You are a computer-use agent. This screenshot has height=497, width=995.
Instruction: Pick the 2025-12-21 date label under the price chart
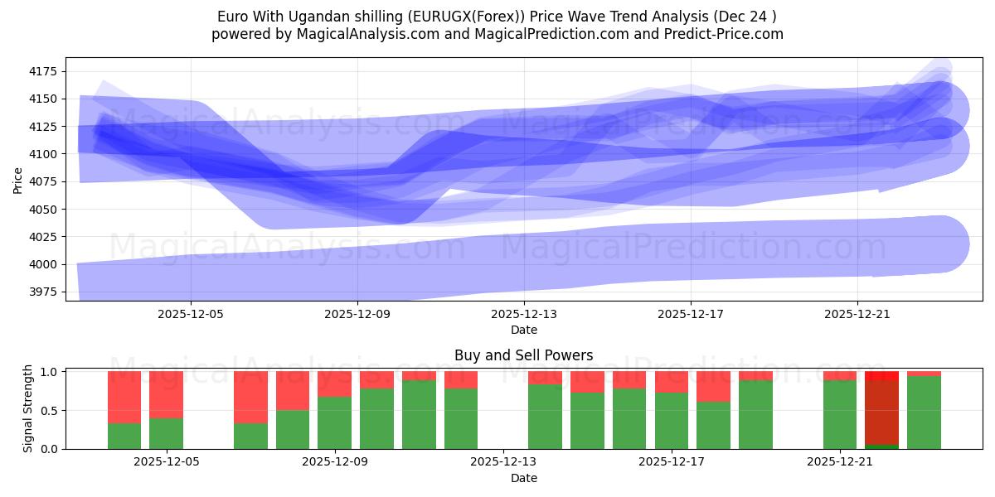pyautogui.click(x=857, y=315)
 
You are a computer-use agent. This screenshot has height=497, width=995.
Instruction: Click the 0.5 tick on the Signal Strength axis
pyautogui.click(x=49, y=410)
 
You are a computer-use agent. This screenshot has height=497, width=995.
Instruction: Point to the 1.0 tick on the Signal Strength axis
pyautogui.click(x=49, y=372)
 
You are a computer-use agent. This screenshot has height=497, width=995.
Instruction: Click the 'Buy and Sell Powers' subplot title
pyautogui.click(x=523, y=355)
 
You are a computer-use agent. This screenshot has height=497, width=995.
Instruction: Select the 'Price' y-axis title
pyautogui.click(x=18, y=179)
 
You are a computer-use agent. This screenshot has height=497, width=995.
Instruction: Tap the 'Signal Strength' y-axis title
pyautogui.click(x=27, y=408)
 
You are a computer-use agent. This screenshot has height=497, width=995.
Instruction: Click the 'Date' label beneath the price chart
pyautogui.click(x=523, y=330)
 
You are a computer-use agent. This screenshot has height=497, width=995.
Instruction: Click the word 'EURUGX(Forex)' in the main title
pyautogui.click(x=405, y=17)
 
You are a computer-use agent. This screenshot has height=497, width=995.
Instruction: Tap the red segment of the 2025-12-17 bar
pyautogui.click(x=671, y=382)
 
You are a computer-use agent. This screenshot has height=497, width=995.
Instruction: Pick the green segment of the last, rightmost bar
pyautogui.click(x=924, y=413)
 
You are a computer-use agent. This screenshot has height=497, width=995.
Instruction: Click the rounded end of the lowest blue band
pyautogui.click(x=941, y=244)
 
